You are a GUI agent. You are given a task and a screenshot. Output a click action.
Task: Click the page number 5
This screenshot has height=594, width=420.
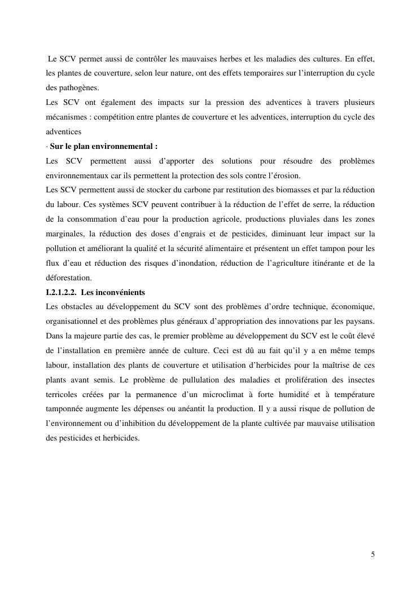[x=373, y=555]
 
